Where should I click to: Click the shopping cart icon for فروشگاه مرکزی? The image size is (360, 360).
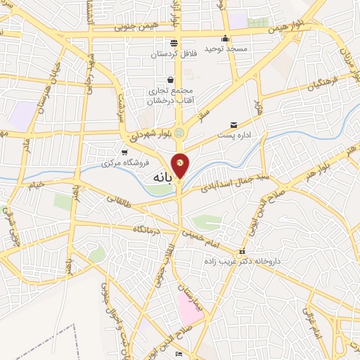pyautogui.click(x=124, y=152)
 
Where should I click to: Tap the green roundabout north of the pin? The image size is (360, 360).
pyautogui.click(x=179, y=131)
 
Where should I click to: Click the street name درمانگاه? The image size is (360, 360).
pyautogui.click(x=150, y=230)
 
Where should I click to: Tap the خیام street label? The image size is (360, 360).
pyautogui.click(x=35, y=184)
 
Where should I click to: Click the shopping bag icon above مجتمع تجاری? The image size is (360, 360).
pyautogui.click(x=170, y=79)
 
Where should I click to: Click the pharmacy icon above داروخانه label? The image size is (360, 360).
pyautogui.click(x=242, y=251)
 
